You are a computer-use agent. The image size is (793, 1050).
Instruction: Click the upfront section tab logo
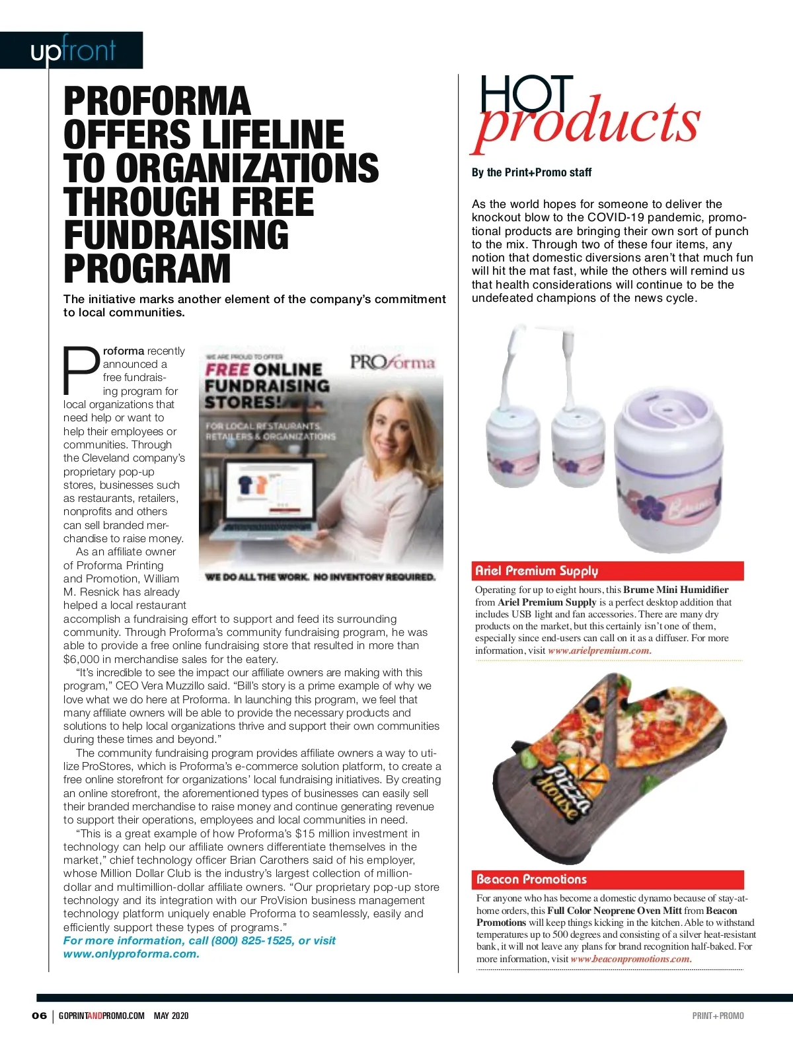coord(73,50)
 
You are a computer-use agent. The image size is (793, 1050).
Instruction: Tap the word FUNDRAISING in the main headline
coord(176,235)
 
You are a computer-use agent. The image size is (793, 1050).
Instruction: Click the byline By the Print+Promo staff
coord(531,172)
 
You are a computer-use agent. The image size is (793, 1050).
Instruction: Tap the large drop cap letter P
coord(81,370)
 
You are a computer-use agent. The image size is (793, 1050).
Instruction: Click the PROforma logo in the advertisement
coord(393,363)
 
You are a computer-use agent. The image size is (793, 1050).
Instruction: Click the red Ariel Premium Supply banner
coord(609,571)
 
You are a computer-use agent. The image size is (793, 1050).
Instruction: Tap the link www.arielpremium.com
coord(599,650)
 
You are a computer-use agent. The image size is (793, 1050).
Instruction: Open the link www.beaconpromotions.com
coord(630,959)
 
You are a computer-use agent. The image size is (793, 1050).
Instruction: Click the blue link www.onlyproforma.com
coord(131,954)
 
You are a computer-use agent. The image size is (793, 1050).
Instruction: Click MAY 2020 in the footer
coord(171,1016)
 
